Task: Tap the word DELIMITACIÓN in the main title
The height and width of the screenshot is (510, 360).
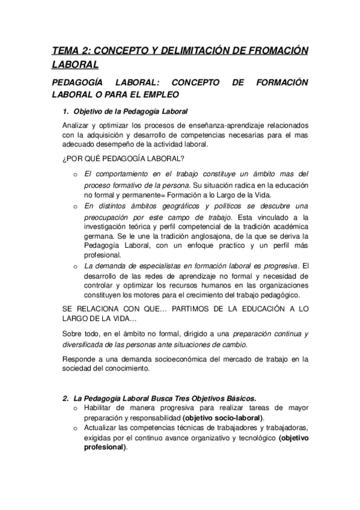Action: pos(188,51)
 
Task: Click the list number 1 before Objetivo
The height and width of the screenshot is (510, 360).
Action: pos(66,112)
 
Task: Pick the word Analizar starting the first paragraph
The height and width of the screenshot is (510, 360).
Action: pos(76,126)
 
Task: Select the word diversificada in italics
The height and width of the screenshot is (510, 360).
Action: pos(85,344)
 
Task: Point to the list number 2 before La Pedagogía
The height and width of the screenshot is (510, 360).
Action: pos(66,398)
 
